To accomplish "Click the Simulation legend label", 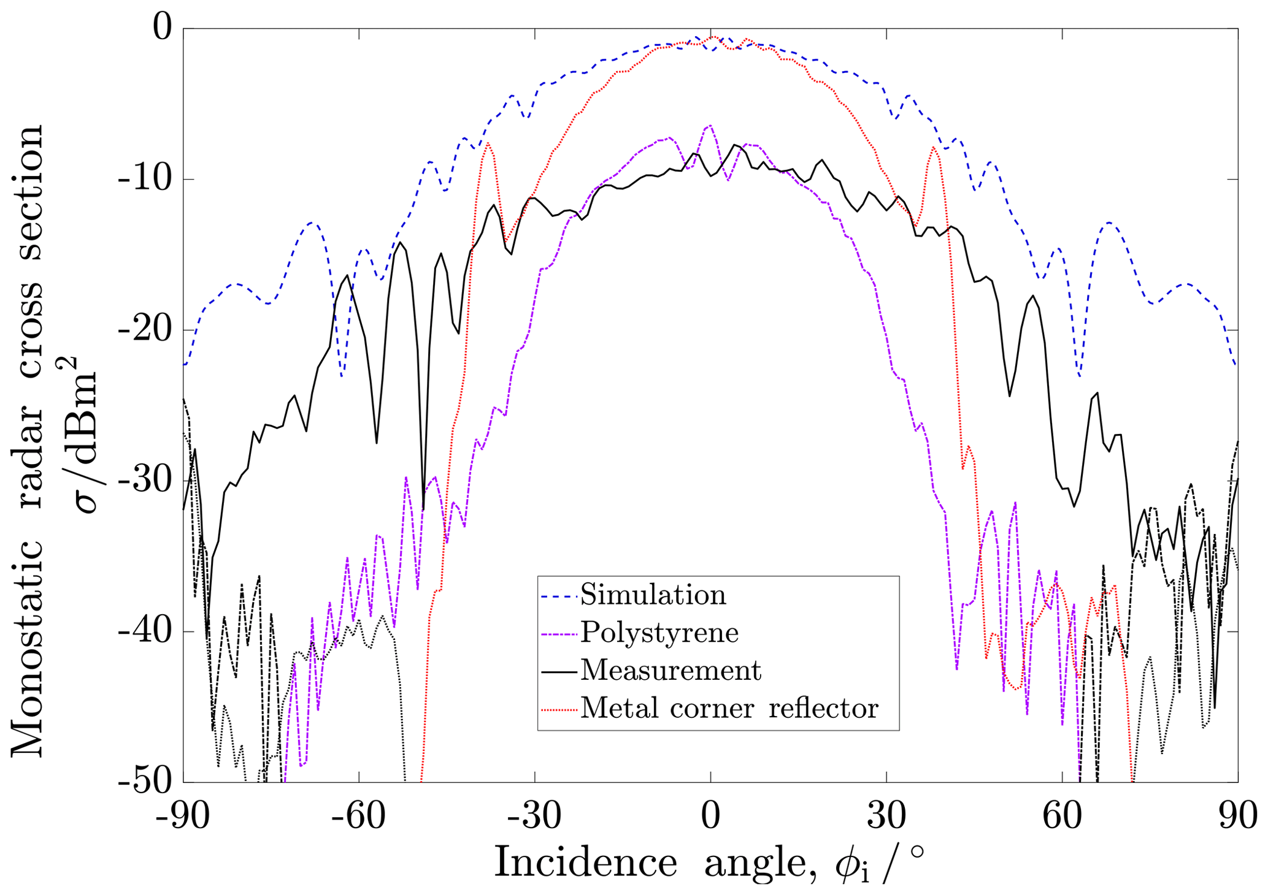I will pos(653,595).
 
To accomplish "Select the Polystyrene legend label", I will pos(659,632).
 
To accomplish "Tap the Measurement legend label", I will pos(671,670).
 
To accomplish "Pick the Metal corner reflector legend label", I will pos(729,708).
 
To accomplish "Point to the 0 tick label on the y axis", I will pos(162,29).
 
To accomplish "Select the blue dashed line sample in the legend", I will pos(559,596).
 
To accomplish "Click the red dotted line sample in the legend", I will pos(559,709).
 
